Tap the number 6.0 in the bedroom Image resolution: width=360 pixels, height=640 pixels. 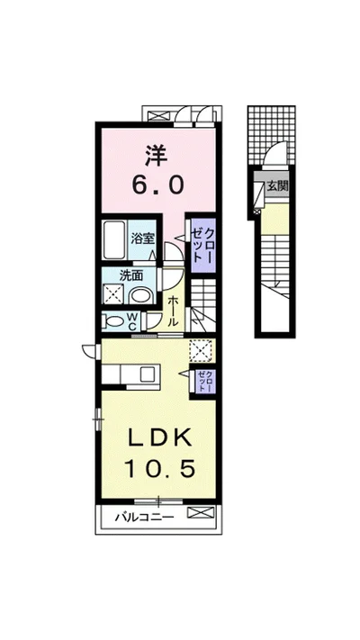coord(157,185)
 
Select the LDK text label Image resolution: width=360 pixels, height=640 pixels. coord(159,438)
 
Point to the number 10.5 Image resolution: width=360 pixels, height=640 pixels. coord(159,468)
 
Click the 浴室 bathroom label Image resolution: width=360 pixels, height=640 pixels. coord(142,239)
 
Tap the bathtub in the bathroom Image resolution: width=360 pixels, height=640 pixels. coord(114,240)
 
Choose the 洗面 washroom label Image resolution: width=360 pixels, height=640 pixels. coord(130,275)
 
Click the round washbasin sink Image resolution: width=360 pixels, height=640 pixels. coord(140,295)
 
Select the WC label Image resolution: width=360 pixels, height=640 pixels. coord(132,321)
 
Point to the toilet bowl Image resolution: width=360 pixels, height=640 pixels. coord(112,322)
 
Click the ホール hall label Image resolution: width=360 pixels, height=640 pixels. coord(172,311)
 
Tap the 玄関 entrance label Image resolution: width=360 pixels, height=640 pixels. coord(277,186)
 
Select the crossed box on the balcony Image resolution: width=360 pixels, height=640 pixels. coord(200,512)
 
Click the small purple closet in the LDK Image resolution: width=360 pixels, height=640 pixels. coord(204,381)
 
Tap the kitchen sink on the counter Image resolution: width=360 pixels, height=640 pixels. coord(147,374)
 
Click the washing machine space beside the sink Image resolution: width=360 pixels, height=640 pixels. coord(113,294)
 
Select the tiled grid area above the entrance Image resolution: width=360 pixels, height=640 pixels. coord(272,133)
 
